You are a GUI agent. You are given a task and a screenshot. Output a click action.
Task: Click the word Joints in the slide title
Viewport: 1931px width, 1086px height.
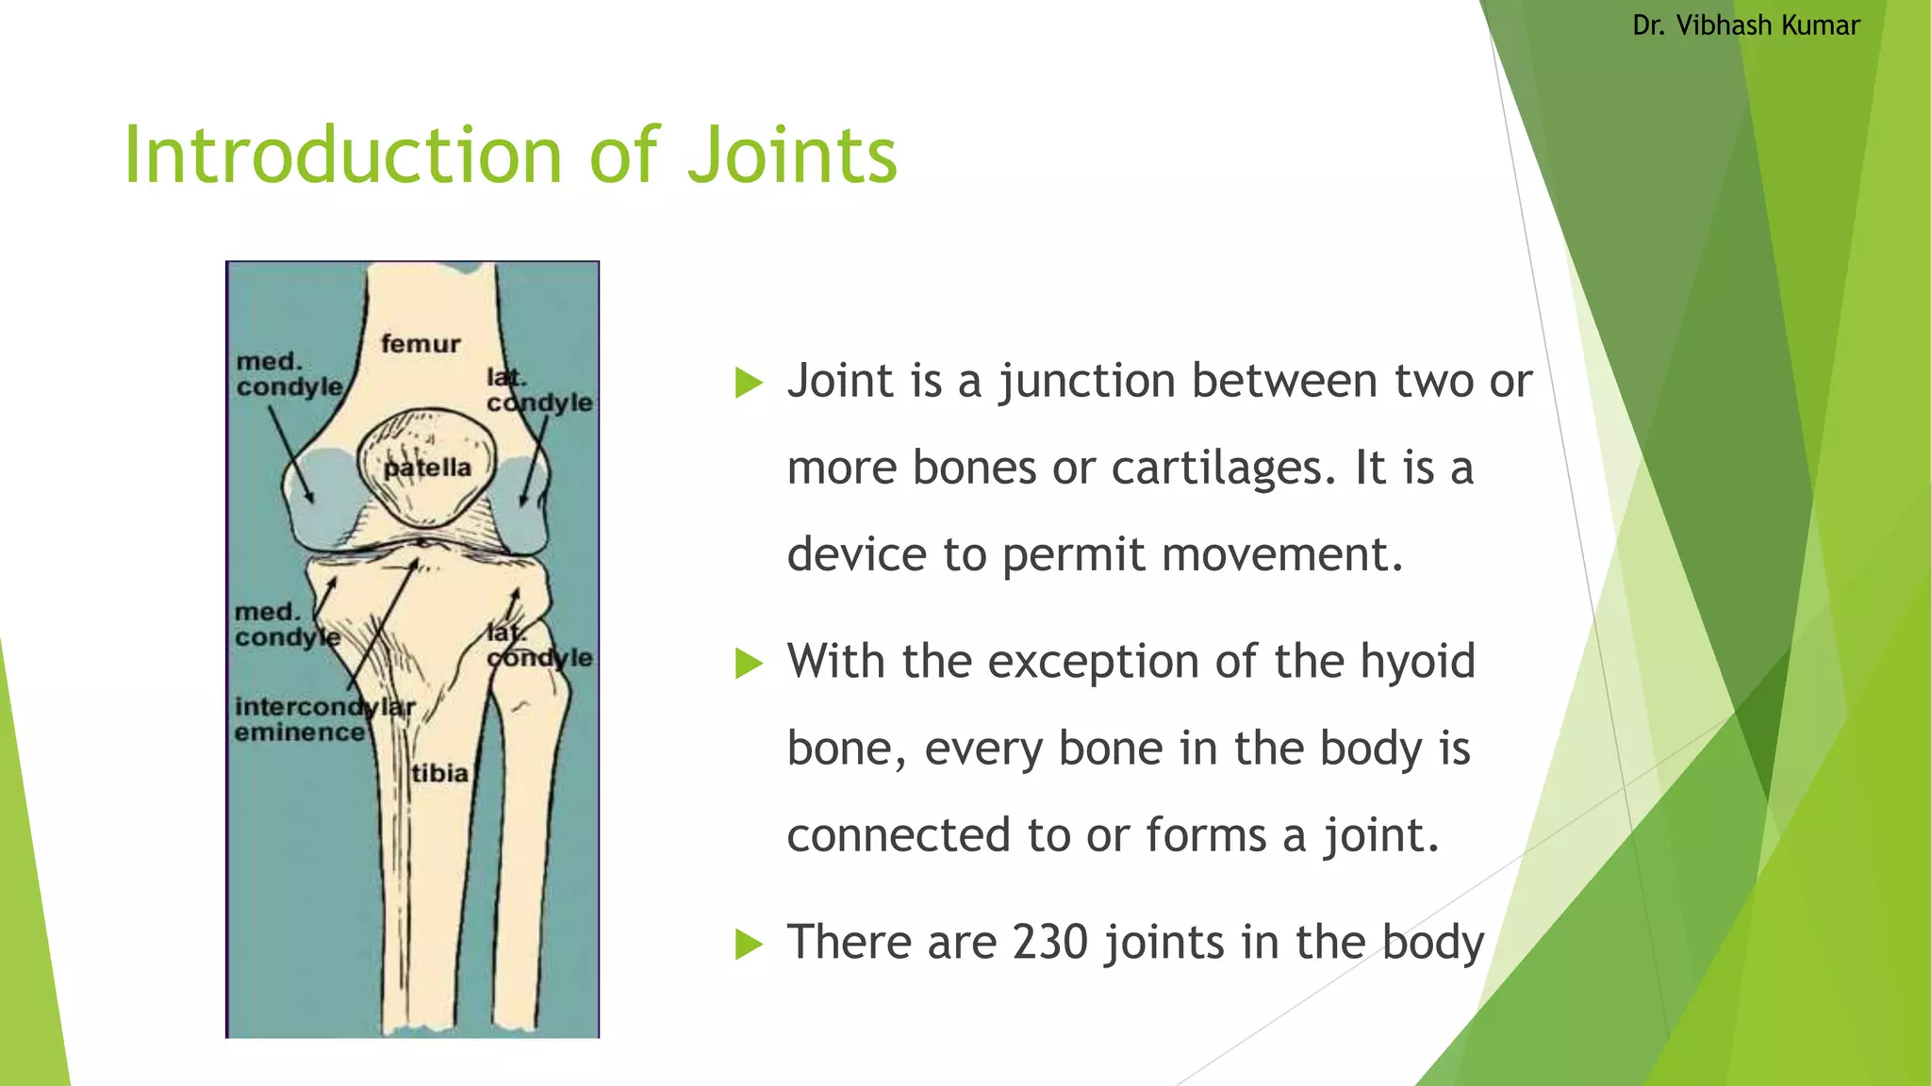pos(792,156)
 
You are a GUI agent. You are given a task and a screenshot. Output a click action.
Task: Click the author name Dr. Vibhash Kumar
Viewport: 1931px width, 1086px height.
pos(1746,25)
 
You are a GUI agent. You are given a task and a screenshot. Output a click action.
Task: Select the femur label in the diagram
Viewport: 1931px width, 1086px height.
pos(421,344)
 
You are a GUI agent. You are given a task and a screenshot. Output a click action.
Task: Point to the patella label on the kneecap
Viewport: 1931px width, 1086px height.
pos(427,468)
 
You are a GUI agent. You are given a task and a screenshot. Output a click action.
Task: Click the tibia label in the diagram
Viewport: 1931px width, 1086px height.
pos(439,774)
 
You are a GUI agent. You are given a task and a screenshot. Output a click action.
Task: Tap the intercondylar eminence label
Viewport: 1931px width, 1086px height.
pos(323,719)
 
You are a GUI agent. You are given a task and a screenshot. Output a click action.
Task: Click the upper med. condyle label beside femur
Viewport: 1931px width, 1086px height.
pos(289,374)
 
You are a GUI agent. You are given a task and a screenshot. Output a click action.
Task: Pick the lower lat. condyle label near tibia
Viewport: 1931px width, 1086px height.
pos(538,646)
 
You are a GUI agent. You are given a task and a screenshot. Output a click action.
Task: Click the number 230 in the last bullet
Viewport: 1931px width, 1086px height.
pos(1050,942)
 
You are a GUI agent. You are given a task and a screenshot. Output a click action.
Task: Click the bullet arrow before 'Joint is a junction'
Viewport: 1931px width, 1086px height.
pos(749,383)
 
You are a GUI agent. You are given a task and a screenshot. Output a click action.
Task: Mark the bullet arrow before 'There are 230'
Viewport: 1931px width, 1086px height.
pos(749,943)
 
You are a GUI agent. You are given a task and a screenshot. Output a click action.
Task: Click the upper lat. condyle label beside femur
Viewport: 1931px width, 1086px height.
pos(538,390)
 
